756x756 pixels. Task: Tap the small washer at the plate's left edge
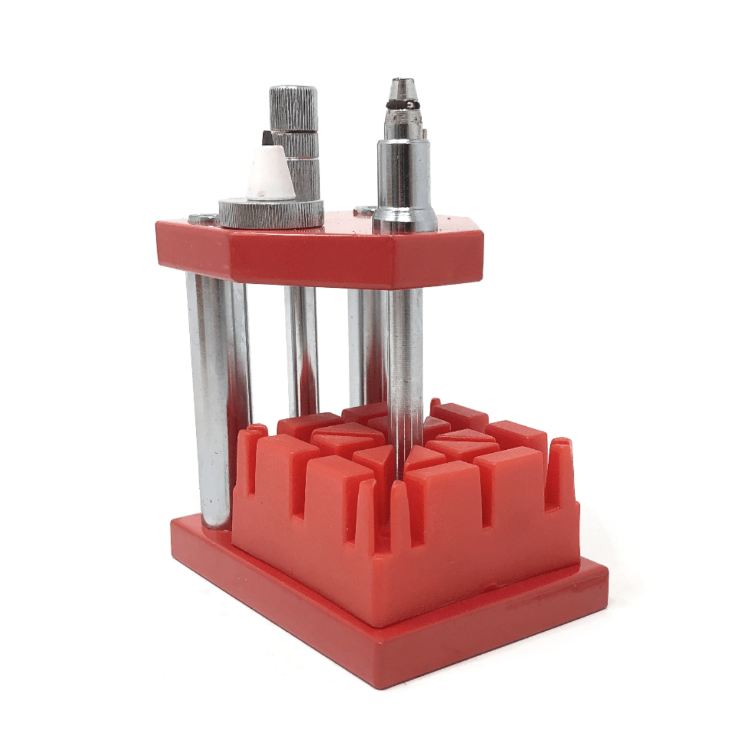(x=202, y=219)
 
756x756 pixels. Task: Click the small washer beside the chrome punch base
(x=364, y=210)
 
